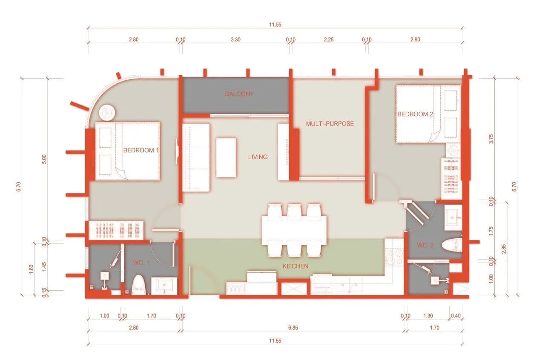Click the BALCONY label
point(239,94)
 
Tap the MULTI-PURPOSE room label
point(330,123)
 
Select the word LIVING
point(258,157)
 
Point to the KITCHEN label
point(295,266)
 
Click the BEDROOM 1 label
point(141,150)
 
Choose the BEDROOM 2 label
point(415,114)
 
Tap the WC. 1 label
point(141,263)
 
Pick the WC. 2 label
point(425,245)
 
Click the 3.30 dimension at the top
point(235,40)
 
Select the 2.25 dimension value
point(328,40)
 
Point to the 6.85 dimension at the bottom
point(293,328)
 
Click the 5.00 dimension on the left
point(44,159)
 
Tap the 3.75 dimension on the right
point(491,139)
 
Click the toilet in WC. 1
point(139,285)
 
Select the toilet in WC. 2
point(452,245)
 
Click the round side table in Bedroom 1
point(107,113)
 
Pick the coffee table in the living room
point(226,157)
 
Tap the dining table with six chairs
point(294,230)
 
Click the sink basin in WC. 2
point(453,218)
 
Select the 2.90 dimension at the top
point(415,40)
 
